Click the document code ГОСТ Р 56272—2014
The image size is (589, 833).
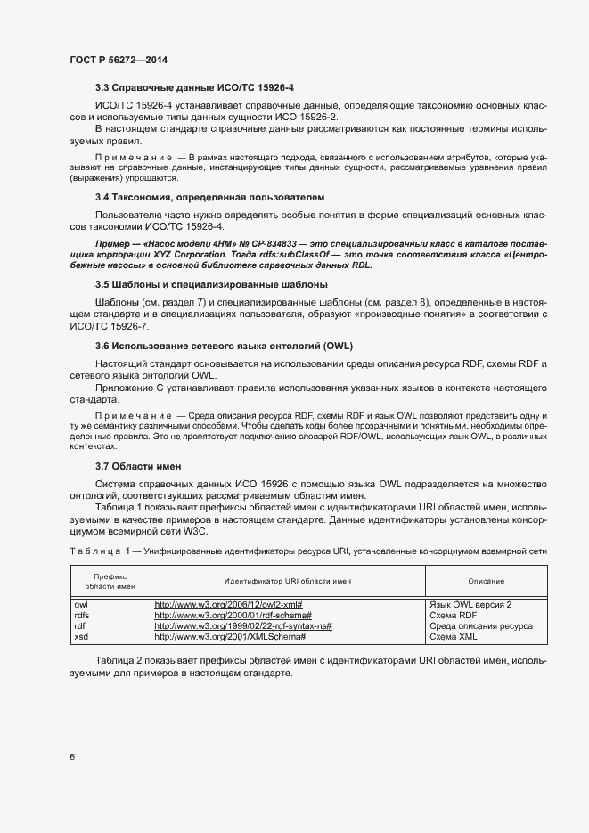point(119,60)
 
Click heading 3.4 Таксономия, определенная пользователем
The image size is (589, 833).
point(209,196)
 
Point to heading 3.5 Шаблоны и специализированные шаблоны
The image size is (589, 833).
point(211,284)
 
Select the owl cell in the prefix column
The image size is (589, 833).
point(81,604)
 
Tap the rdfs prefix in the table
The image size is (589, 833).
point(82,615)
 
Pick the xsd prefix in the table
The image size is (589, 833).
point(81,637)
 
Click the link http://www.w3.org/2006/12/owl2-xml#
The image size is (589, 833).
point(228,604)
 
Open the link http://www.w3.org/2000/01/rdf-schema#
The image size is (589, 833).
point(233,615)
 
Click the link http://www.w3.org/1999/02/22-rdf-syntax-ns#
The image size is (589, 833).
point(242,626)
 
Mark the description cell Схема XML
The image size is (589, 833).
point(455,637)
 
